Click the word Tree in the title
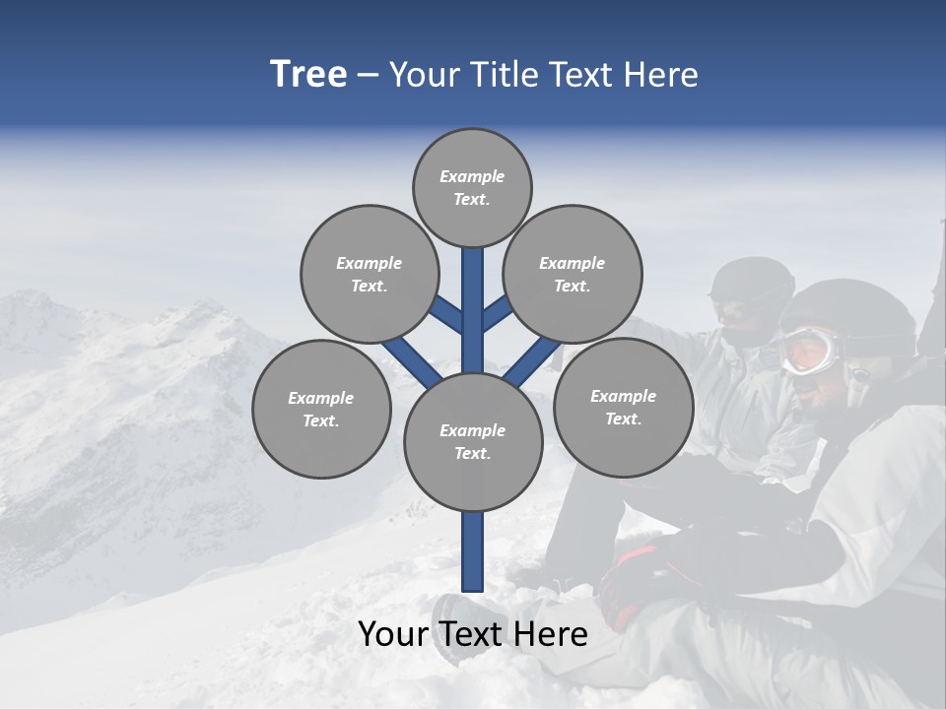click(x=308, y=75)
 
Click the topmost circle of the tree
click(x=472, y=187)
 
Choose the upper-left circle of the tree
click(x=370, y=274)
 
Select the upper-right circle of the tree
click(x=573, y=274)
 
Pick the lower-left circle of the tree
click(x=321, y=409)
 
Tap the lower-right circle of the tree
click(x=623, y=407)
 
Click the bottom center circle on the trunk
click(x=473, y=441)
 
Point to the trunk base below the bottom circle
click(x=473, y=551)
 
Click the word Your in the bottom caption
click(x=391, y=634)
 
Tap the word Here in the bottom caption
click(x=555, y=634)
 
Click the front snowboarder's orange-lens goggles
click(x=810, y=350)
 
